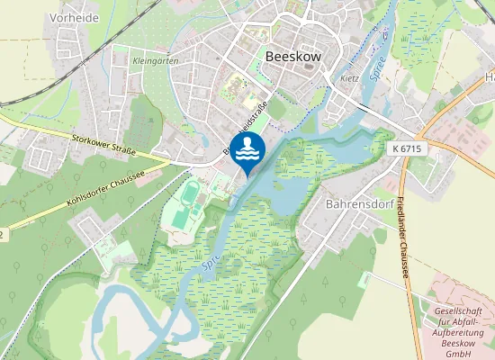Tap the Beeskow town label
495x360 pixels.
click(x=292, y=55)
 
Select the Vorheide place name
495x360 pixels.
click(x=50, y=17)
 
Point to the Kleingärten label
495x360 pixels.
click(x=156, y=60)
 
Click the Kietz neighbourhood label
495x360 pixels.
click(x=350, y=77)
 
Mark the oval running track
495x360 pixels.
click(x=190, y=192)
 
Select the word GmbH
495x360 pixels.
click(x=462, y=354)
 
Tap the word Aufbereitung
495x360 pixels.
click(x=462, y=332)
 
